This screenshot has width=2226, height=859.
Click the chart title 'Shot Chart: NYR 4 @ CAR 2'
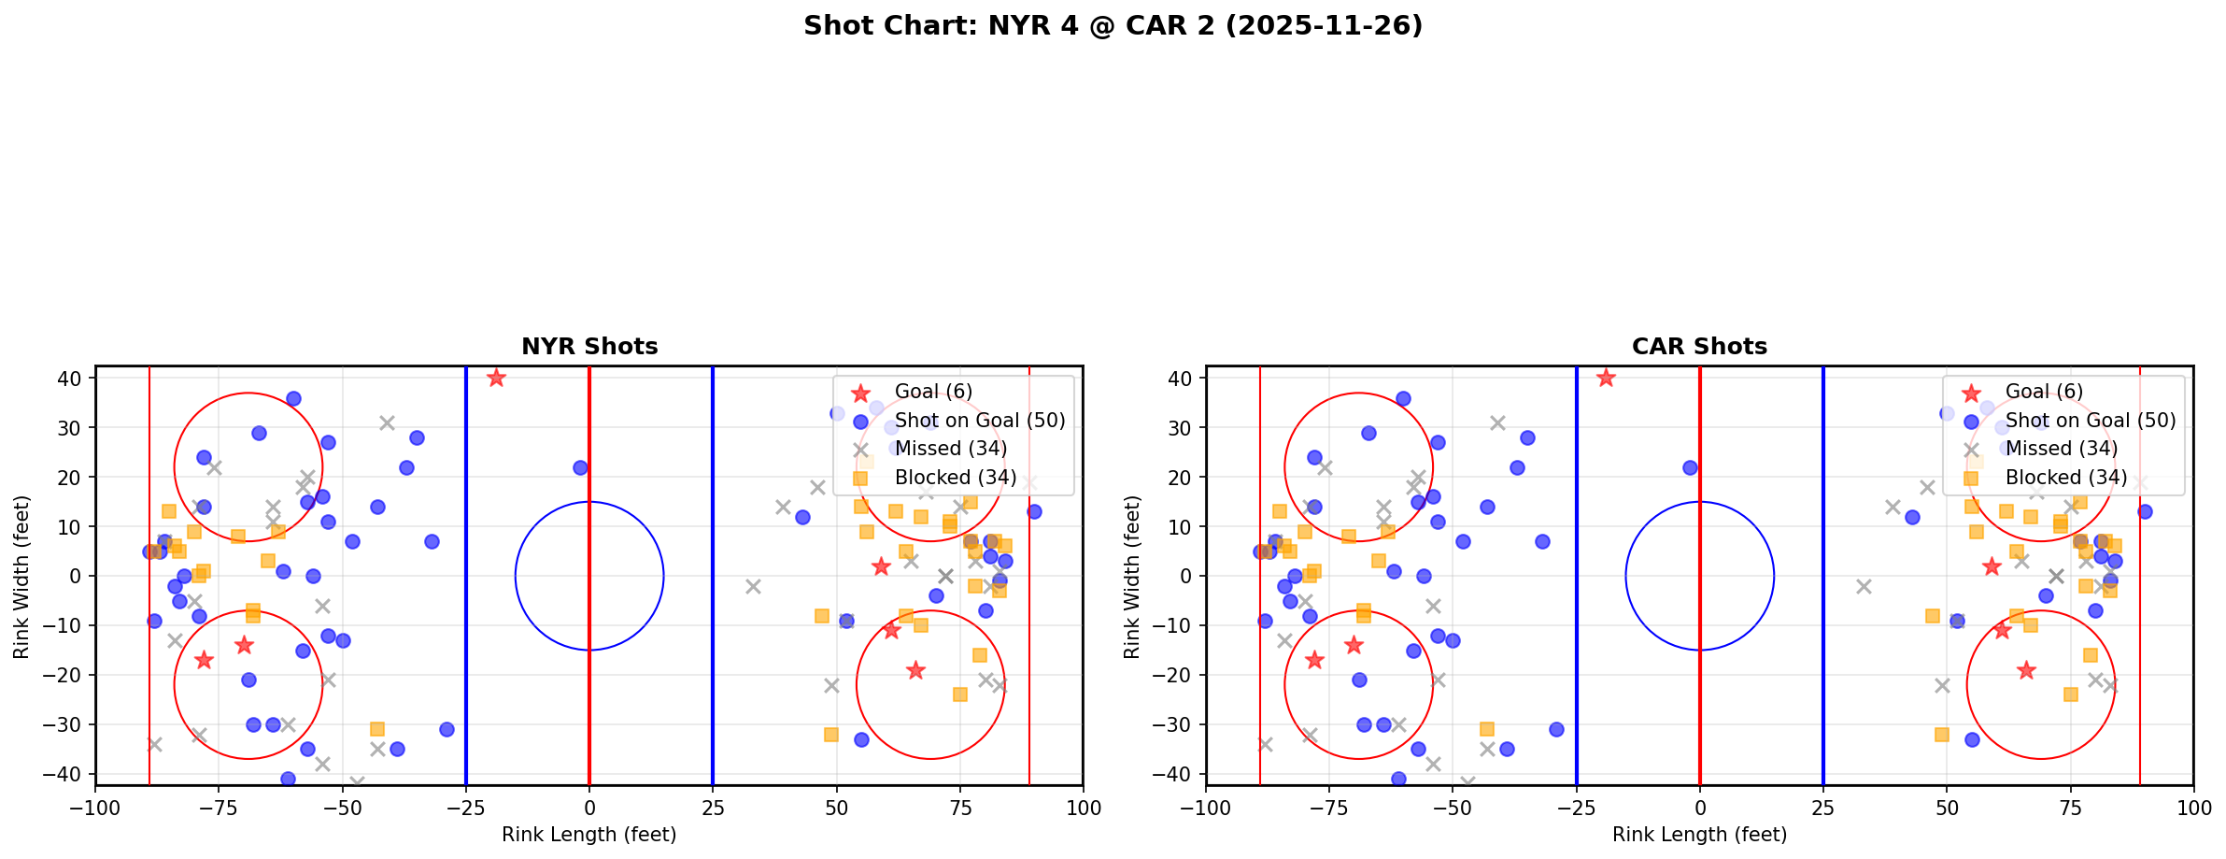click(1113, 26)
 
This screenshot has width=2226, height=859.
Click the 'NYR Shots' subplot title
click(589, 347)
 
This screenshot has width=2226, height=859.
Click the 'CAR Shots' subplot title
click(1699, 347)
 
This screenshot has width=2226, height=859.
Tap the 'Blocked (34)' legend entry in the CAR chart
click(2065, 478)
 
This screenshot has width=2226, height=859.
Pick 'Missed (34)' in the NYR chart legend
click(950, 449)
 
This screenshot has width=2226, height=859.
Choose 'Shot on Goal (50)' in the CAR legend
click(2091, 421)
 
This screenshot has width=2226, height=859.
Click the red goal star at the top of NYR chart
click(496, 378)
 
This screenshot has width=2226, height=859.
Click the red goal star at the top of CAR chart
click(1606, 378)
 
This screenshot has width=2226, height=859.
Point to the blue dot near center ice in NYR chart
click(580, 467)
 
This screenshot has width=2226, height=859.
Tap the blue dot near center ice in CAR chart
click(1690, 467)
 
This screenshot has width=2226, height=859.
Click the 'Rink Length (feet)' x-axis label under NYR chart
click(589, 835)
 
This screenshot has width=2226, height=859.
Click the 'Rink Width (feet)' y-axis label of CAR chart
click(1133, 576)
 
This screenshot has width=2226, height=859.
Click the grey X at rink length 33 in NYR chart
click(753, 586)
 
